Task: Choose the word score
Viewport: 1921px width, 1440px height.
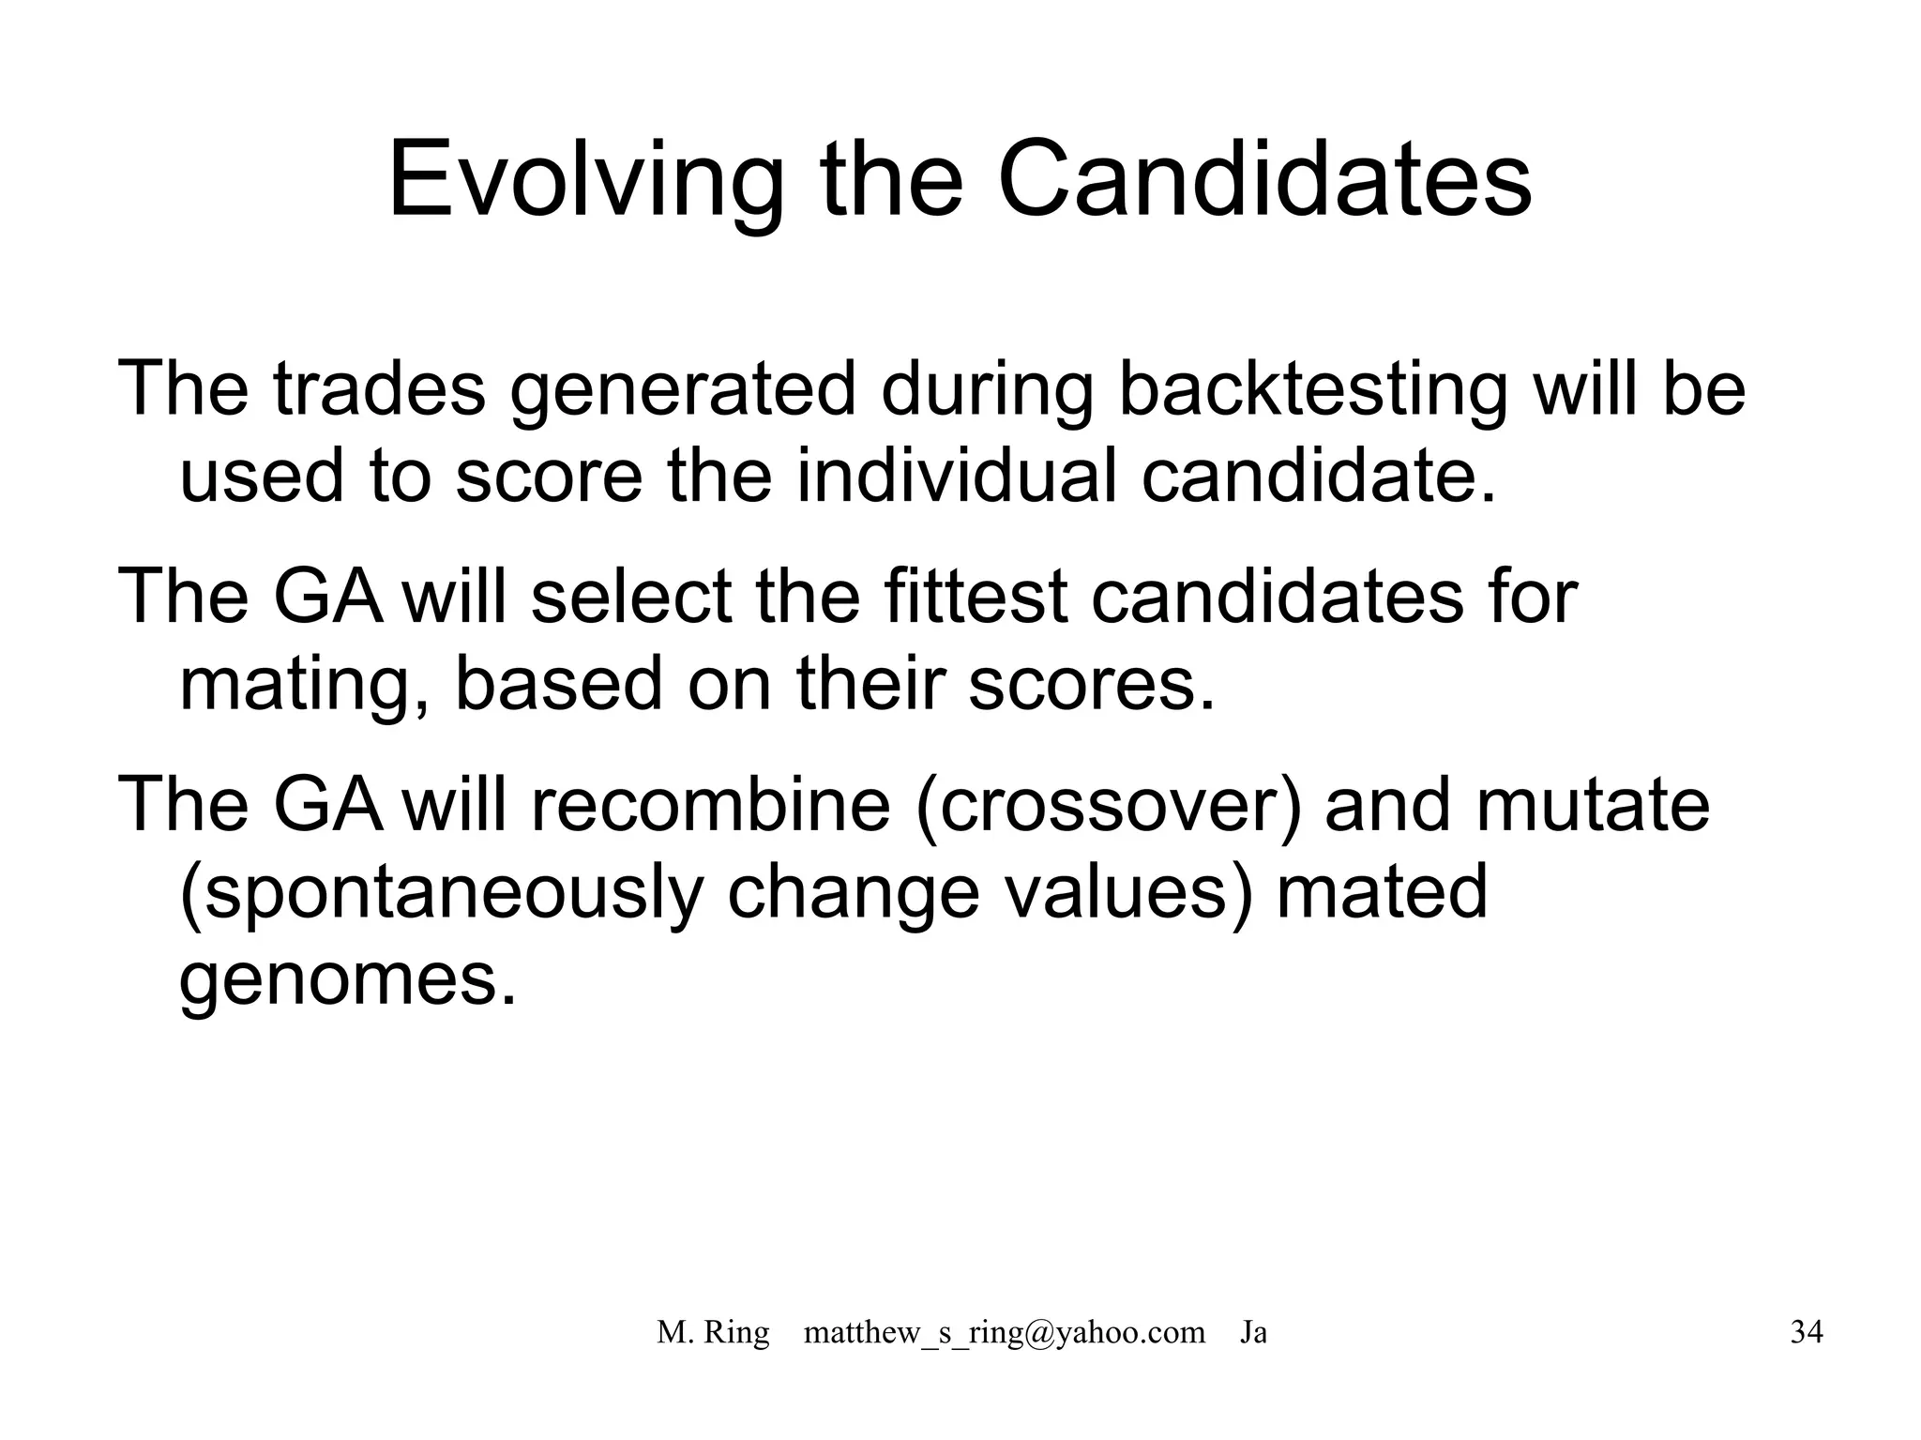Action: coord(549,476)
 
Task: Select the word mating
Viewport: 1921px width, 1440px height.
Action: coord(296,685)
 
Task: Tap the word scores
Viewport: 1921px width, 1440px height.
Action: coord(1091,685)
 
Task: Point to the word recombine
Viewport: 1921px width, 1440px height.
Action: coord(710,805)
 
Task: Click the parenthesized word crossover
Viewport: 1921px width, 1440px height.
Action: coord(1109,805)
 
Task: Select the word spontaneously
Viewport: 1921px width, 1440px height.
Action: coord(441,893)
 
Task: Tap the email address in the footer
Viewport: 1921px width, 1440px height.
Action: coord(1004,1332)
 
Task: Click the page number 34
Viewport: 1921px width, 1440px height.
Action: coord(1807,1332)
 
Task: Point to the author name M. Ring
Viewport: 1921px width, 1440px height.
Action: coord(713,1332)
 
